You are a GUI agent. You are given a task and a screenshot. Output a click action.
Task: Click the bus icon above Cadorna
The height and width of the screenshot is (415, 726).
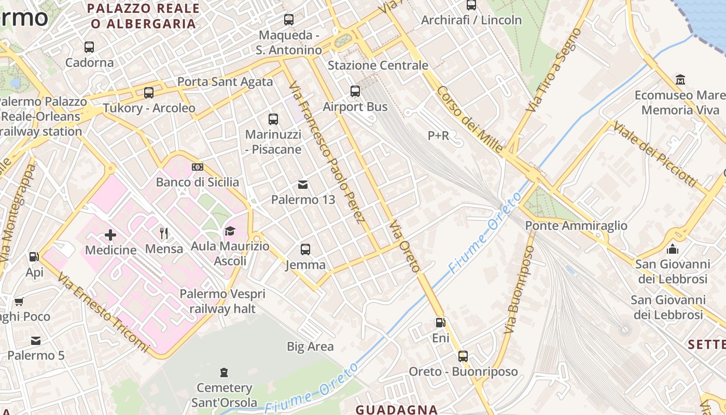89,47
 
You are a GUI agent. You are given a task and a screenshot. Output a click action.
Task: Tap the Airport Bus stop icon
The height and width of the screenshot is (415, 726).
355,91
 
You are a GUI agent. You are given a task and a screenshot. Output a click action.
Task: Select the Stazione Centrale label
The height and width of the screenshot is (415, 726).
378,65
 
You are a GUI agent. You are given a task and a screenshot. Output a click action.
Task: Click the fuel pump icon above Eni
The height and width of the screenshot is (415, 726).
440,323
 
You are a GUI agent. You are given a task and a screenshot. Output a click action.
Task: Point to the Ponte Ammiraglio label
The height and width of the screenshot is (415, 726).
576,226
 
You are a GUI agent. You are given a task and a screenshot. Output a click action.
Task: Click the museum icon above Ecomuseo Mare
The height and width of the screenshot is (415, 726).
680,79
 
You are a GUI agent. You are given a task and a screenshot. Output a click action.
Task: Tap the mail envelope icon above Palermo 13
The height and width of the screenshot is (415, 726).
303,184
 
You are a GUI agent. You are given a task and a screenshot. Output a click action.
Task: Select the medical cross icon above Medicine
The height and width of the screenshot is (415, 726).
110,235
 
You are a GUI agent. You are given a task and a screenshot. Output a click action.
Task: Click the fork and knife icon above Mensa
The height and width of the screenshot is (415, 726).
164,233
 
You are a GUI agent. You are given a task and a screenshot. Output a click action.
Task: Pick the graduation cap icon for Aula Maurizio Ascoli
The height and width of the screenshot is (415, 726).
230,231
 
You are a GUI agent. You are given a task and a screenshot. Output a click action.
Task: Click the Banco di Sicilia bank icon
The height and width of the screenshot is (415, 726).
198,167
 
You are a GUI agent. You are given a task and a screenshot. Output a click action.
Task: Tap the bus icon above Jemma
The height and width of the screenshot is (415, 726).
305,250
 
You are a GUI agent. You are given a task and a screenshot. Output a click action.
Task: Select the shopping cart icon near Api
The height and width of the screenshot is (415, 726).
19,301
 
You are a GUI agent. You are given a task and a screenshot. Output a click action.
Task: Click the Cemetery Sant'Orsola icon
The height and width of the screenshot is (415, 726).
224,372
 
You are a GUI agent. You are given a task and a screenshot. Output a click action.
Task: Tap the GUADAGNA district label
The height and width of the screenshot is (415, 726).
397,410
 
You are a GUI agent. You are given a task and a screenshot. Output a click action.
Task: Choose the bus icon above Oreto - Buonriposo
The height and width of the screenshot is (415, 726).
463,356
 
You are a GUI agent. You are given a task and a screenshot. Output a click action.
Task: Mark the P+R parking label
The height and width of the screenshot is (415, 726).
438,136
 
